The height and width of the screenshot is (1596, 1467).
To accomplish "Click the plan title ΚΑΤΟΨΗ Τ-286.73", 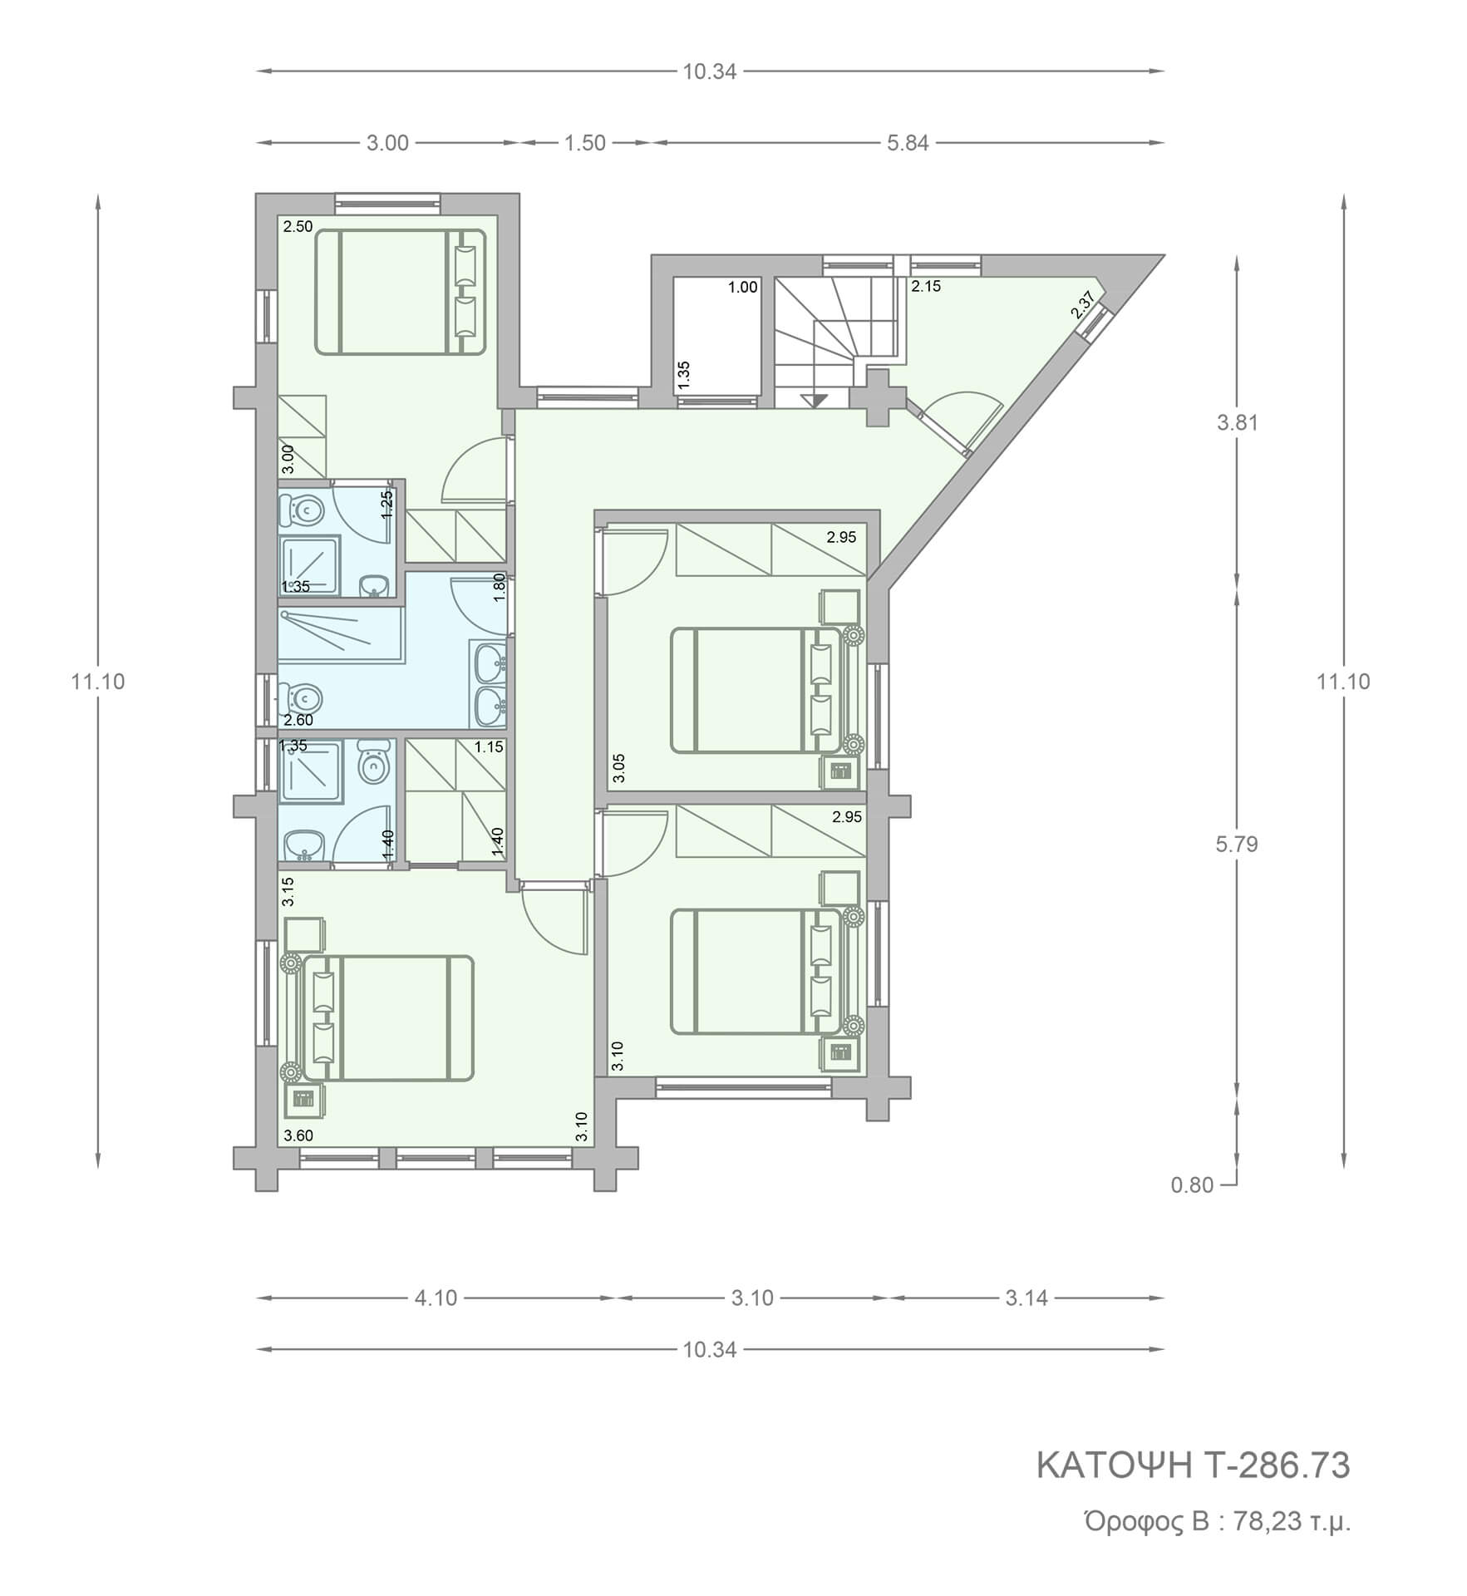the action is pyautogui.click(x=1193, y=1465).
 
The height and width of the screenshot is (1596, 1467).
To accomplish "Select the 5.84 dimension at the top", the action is pyautogui.click(x=908, y=143).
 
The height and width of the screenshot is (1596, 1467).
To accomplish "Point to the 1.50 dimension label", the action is pyautogui.click(x=585, y=143).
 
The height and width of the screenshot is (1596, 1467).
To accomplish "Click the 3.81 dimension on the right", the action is pyautogui.click(x=1238, y=422).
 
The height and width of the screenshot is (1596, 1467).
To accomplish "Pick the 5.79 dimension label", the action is pyautogui.click(x=1237, y=845).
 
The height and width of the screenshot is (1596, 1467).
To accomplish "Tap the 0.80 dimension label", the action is pyautogui.click(x=1193, y=1185).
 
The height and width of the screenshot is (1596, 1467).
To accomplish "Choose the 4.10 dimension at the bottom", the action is pyautogui.click(x=436, y=1298).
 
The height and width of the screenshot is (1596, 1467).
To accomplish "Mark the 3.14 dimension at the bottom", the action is pyautogui.click(x=1026, y=1298).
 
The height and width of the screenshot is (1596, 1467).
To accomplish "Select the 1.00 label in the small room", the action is pyautogui.click(x=742, y=288).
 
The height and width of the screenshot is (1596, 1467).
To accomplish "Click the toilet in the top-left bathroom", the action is pyautogui.click(x=299, y=510).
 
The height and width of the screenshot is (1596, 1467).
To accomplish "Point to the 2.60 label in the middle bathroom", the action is pyautogui.click(x=298, y=720).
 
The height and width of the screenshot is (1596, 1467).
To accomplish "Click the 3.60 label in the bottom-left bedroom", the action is pyautogui.click(x=298, y=1135).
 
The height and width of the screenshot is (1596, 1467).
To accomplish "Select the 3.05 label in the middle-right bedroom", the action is pyautogui.click(x=618, y=768).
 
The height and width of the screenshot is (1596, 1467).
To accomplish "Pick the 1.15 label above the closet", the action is pyautogui.click(x=489, y=747).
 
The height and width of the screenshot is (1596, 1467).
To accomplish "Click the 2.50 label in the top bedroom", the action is pyautogui.click(x=298, y=226).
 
